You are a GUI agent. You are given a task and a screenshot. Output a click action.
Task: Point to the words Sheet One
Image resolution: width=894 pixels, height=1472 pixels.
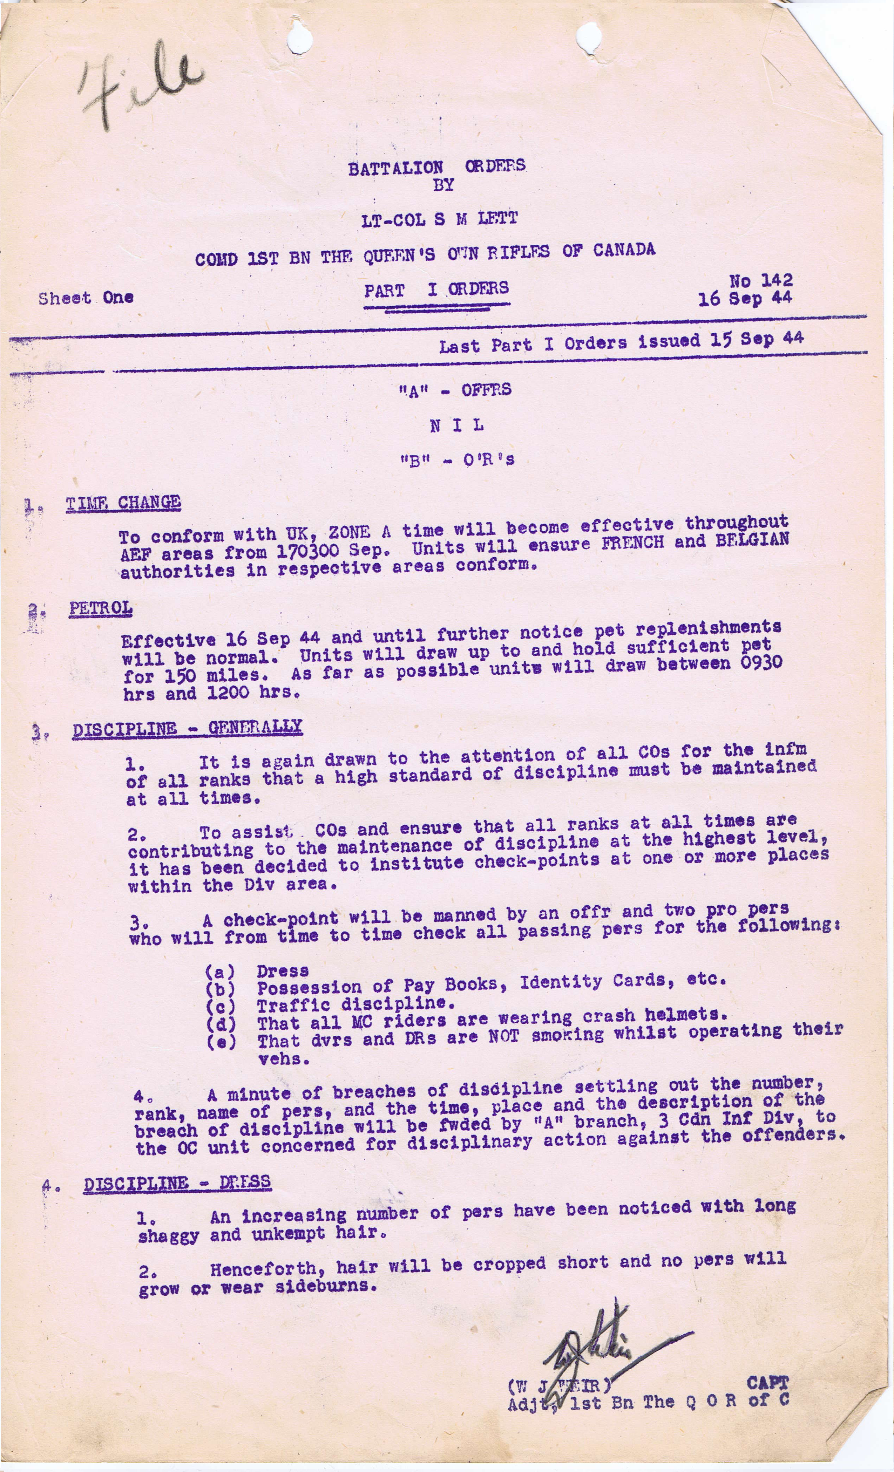pyautogui.click(x=86, y=298)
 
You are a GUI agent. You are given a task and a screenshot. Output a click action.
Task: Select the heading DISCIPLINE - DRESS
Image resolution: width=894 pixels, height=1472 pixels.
pyautogui.click(x=177, y=1182)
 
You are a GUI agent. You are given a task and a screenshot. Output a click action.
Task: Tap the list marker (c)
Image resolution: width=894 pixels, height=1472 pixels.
pyautogui.click(x=221, y=1006)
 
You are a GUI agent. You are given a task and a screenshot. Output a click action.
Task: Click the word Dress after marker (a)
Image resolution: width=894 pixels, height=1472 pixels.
pyautogui.click(x=283, y=971)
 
